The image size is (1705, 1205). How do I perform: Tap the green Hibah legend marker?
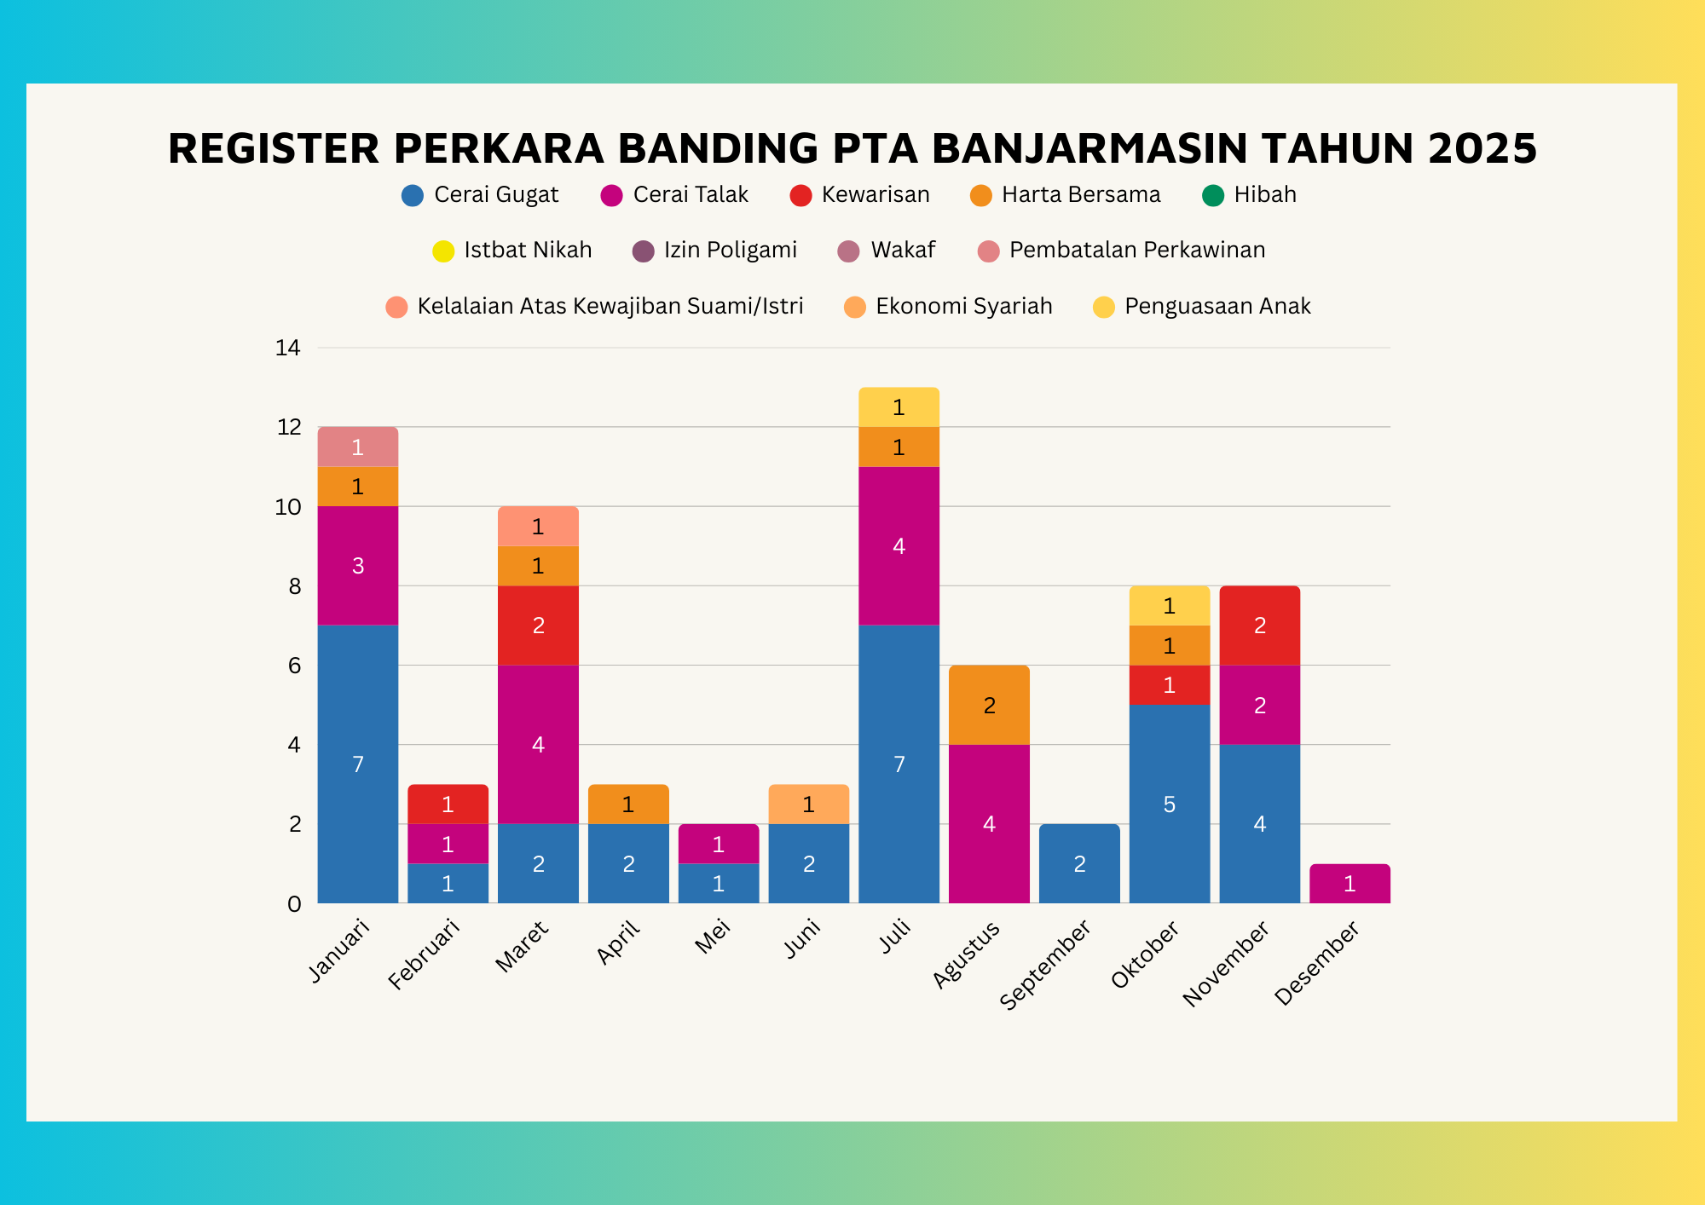1212,196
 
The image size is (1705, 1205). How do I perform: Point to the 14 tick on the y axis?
288,348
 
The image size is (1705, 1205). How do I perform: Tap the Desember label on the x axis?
1318,962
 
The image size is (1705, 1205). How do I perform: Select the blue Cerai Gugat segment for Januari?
358,764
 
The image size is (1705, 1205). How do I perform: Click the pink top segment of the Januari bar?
358,447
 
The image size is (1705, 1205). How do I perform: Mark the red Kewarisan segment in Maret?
538,626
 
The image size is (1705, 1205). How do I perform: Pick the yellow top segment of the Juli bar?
899,407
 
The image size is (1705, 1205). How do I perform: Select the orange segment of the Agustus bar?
989,705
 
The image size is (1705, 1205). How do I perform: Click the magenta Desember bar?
1350,884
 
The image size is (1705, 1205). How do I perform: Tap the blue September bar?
1079,863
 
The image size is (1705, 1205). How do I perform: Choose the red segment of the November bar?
1259,626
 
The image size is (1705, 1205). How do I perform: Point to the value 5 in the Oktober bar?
1170,804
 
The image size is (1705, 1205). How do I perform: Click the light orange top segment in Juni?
808,804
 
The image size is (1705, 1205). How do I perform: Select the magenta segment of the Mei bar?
719,844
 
